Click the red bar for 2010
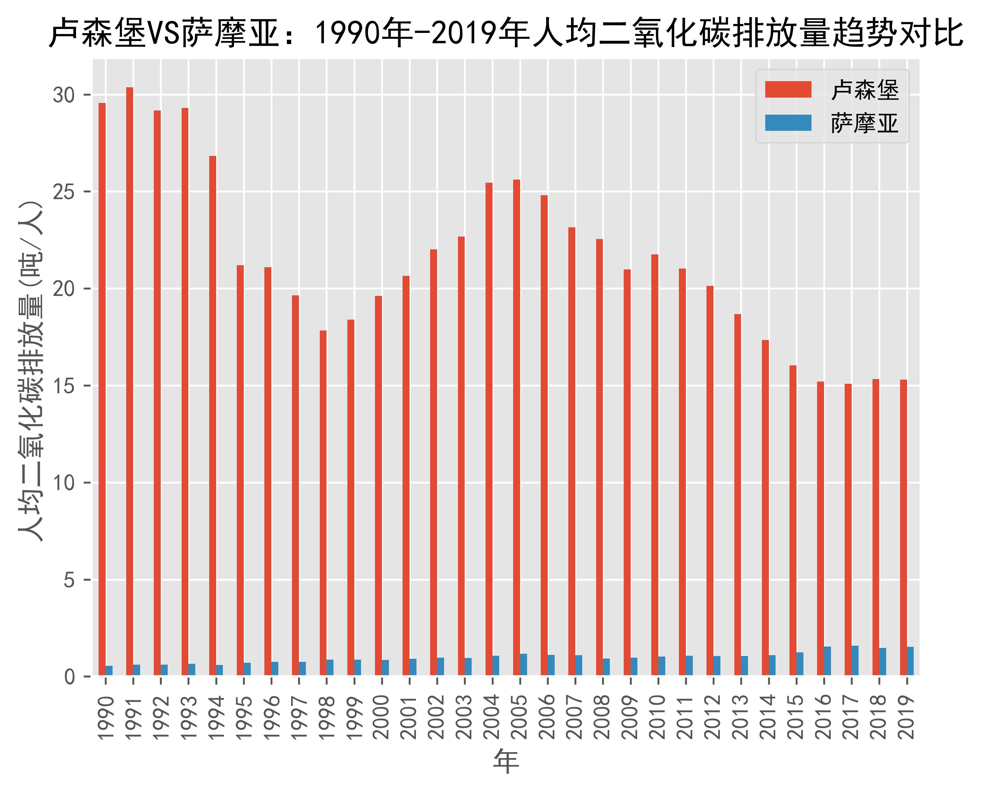coord(654,465)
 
